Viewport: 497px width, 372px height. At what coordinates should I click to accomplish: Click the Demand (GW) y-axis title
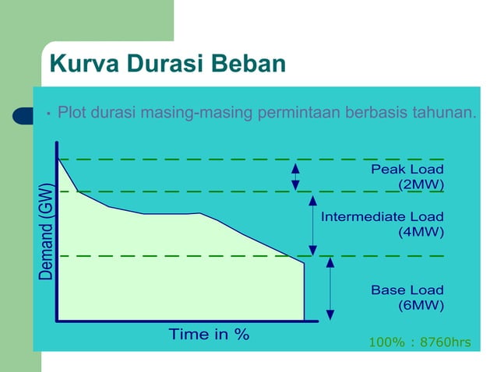point(47,231)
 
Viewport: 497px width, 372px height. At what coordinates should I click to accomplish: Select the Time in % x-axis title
point(209,335)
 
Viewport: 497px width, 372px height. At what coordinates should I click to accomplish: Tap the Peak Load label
point(407,169)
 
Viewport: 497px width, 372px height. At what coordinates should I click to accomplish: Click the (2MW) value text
point(421,184)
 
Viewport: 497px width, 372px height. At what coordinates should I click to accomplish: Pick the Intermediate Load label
point(382,216)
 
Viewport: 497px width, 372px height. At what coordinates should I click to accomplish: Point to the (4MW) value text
point(421,232)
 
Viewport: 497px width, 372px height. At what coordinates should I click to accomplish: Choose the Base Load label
point(407,290)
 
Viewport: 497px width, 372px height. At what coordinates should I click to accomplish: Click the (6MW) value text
point(421,306)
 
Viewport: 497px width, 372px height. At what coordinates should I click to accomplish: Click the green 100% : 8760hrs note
point(419,342)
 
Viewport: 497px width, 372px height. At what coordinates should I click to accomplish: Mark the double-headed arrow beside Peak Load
point(295,177)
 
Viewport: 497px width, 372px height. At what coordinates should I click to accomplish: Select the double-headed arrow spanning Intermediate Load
point(312,224)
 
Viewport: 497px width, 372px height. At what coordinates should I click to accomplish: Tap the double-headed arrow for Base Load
point(330,287)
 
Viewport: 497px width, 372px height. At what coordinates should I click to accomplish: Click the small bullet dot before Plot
point(48,114)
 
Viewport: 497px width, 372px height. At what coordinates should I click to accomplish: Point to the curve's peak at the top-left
point(58,158)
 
